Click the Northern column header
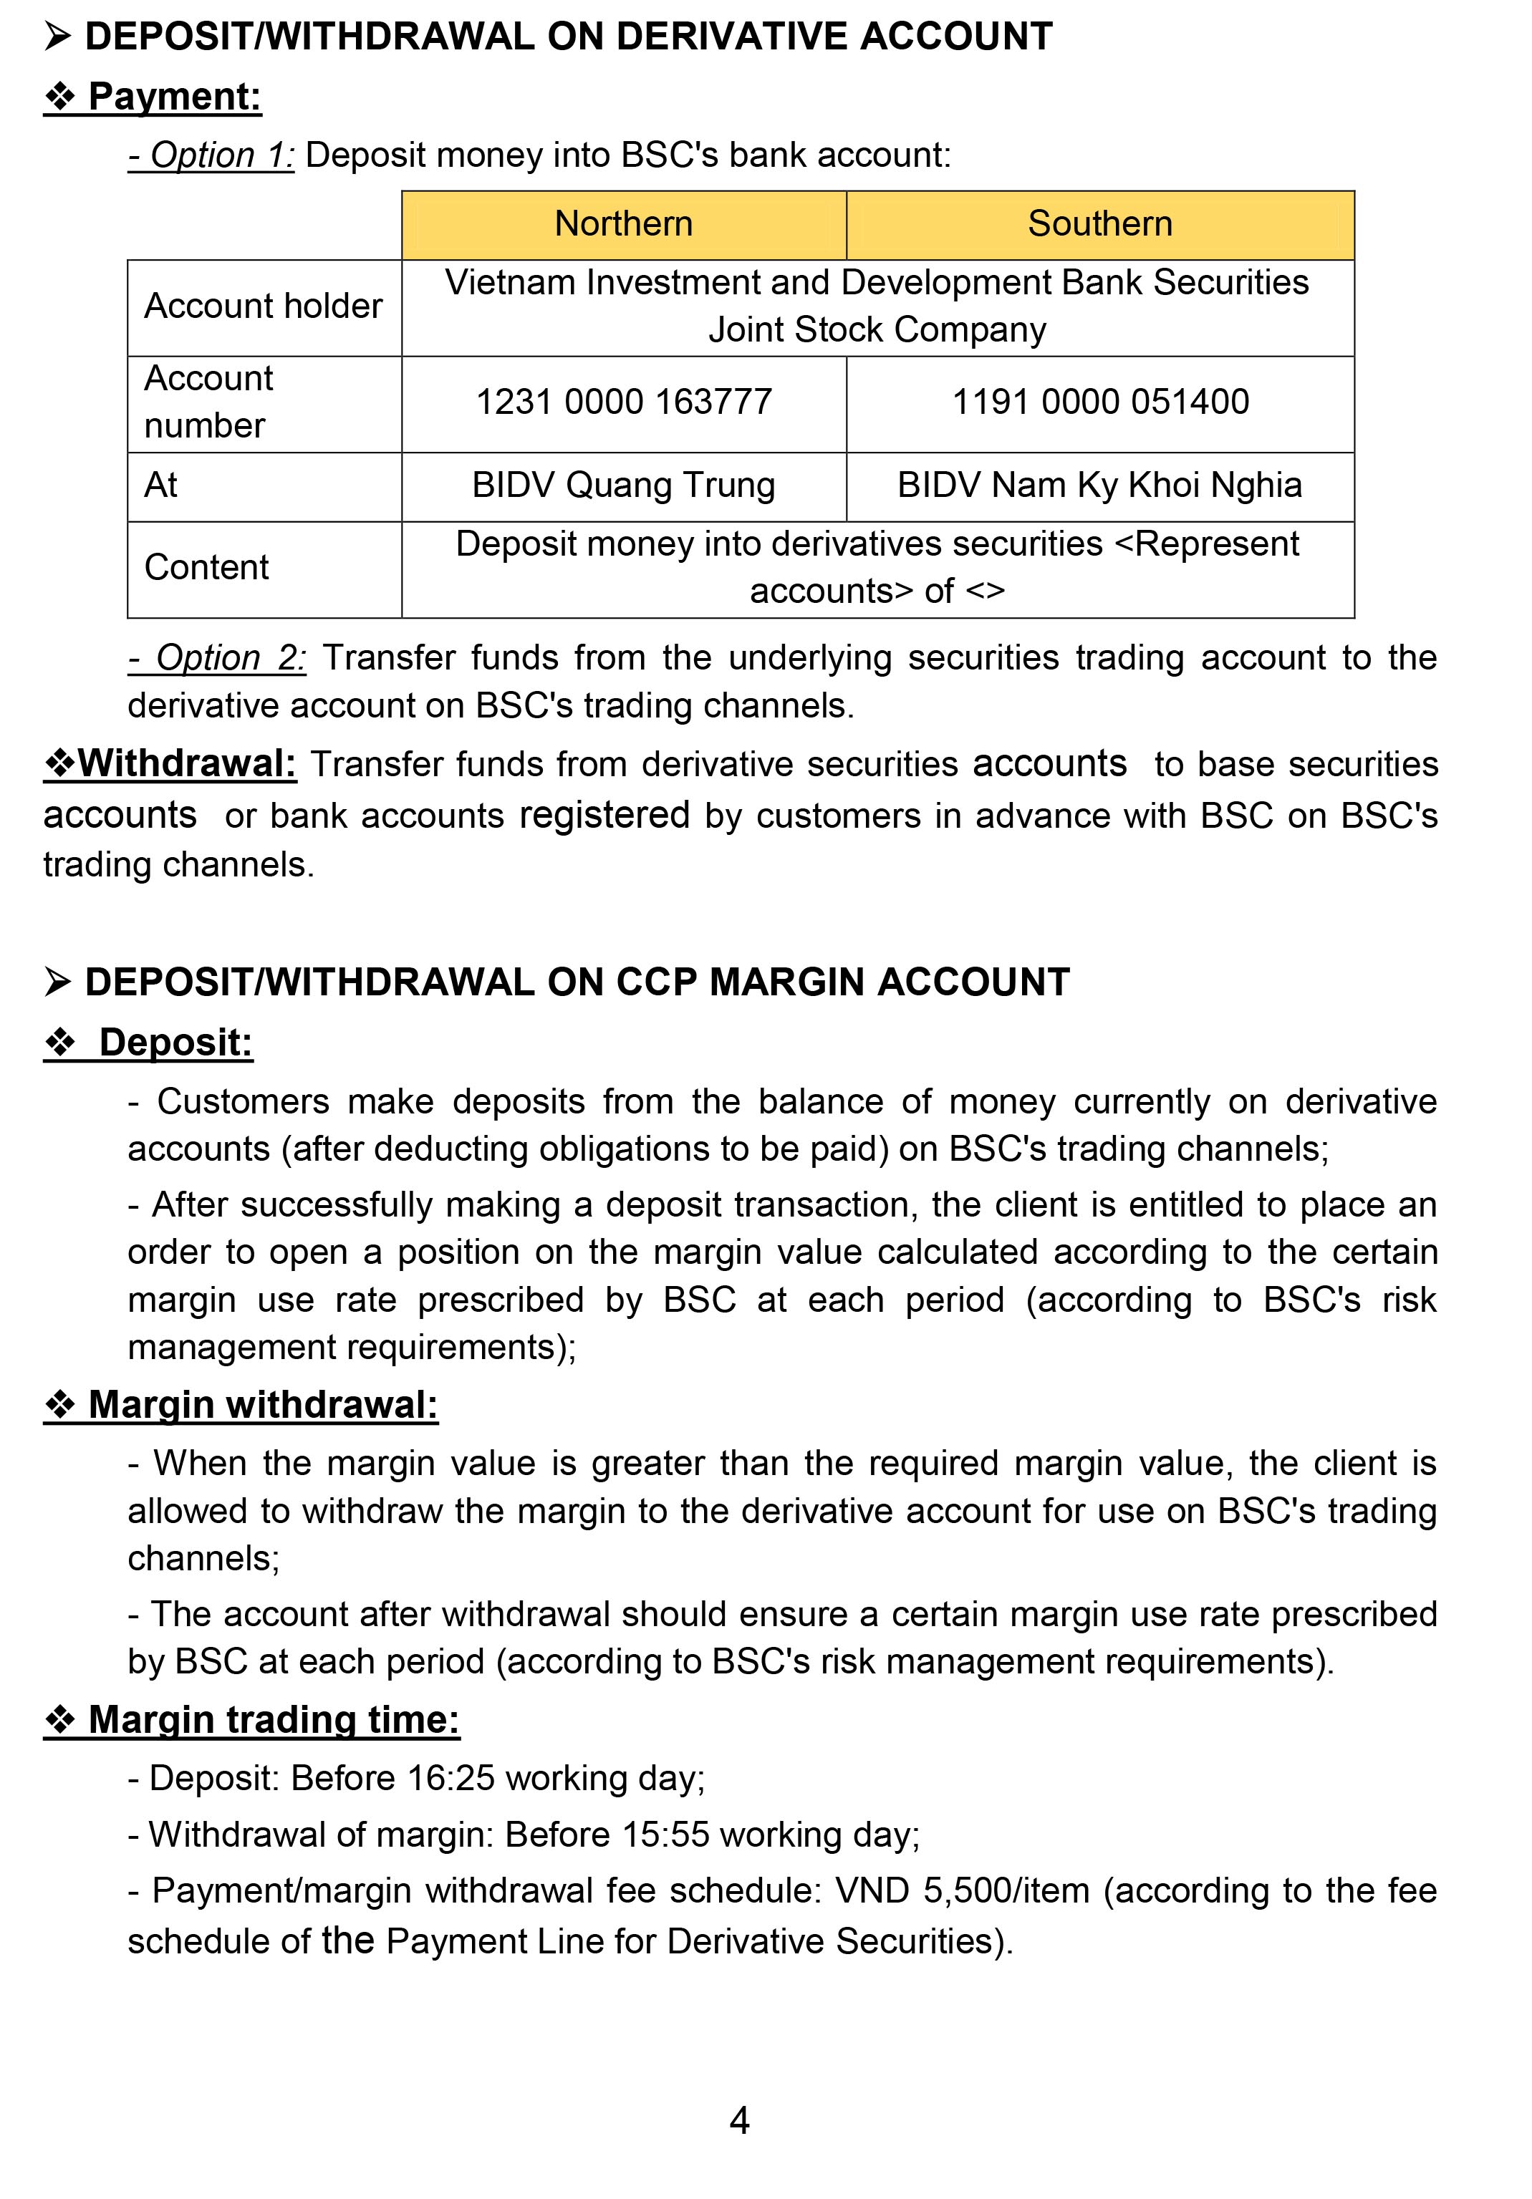point(624,224)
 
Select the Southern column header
point(1100,224)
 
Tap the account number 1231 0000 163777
point(624,402)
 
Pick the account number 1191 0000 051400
point(1100,402)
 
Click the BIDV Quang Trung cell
point(624,485)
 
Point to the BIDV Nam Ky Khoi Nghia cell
point(1100,485)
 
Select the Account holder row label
point(263,306)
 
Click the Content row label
point(206,568)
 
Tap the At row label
point(161,485)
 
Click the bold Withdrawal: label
point(187,764)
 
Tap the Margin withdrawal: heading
point(261,1405)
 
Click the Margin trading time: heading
point(273,1720)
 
